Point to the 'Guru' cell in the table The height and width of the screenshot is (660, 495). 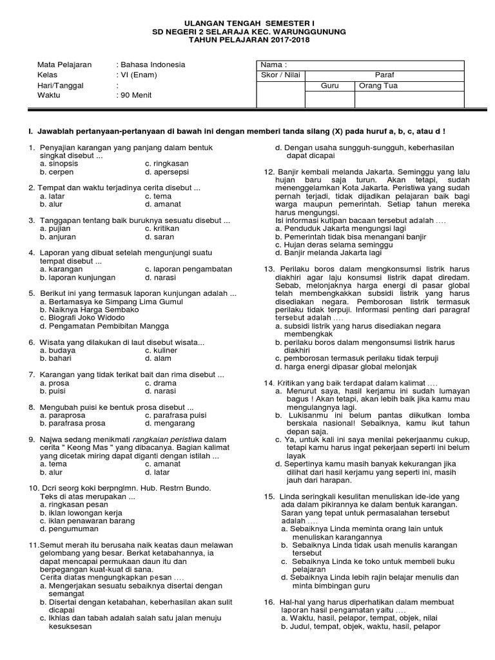tap(329, 85)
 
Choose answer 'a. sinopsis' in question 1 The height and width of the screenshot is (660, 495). tap(59, 164)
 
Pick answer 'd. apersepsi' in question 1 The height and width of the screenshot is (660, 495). tap(167, 173)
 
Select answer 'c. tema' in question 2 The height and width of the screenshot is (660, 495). tap(158, 196)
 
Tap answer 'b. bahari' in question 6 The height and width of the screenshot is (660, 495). tap(57, 358)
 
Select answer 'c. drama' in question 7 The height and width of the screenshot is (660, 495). tap(160, 382)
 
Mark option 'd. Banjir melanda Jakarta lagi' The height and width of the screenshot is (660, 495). tap(328, 253)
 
